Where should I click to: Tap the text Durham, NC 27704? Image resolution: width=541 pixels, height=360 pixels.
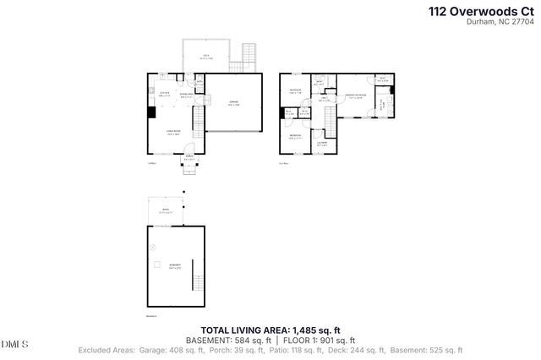502,23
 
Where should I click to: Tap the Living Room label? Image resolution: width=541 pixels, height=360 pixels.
174,132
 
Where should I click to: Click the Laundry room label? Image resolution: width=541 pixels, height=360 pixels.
322,142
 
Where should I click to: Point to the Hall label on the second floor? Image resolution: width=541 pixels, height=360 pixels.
324,98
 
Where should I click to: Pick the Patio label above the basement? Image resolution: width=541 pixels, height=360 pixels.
166,212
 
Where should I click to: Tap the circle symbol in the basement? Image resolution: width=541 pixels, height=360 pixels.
153,247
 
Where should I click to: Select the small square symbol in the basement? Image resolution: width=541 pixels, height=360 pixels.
157,265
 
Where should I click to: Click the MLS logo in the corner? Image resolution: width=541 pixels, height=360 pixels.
14,344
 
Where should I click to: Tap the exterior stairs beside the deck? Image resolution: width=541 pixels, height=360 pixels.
249,57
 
